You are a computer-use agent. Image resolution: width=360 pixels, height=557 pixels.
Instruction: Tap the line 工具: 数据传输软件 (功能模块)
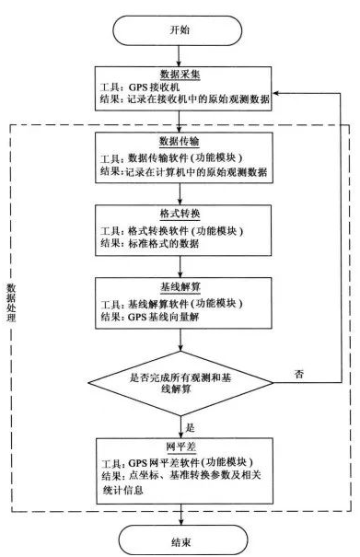pos(176,157)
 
